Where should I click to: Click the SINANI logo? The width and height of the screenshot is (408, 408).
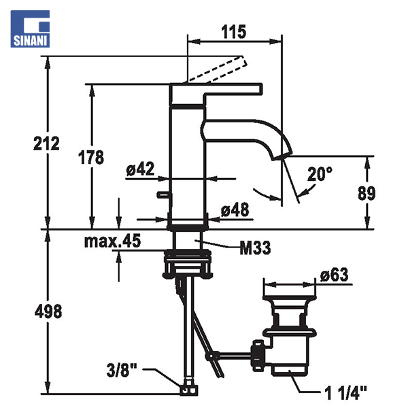tap(30, 29)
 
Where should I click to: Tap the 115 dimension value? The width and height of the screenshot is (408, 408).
tap(233, 32)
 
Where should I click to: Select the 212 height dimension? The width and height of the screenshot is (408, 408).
tap(46, 143)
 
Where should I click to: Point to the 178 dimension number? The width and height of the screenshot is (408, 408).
tap(91, 157)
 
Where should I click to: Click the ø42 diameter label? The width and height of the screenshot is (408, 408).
tap(140, 169)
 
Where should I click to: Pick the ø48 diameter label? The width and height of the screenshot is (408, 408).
tap(235, 209)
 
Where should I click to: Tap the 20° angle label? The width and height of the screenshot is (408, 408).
tap(320, 174)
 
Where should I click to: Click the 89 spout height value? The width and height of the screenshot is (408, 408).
tap(367, 193)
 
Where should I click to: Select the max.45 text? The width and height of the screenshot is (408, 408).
tap(112, 241)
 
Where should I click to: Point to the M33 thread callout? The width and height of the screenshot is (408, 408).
tap(255, 248)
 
